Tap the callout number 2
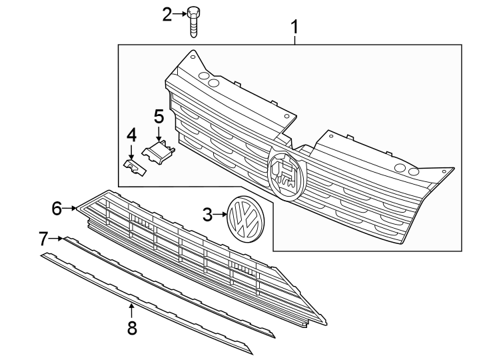pyautogui.click(x=167, y=14)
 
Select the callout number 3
pyautogui.click(x=207, y=215)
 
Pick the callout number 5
pyautogui.click(x=159, y=116)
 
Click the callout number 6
pyautogui.click(x=57, y=209)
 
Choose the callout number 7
pyautogui.click(x=43, y=237)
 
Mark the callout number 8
pyautogui.click(x=132, y=327)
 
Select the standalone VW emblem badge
pyautogui.click(x=244, y=216)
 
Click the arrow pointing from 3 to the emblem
pyautogui.click(x=221, y=215)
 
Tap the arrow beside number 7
pyautogui.click(x=57, y=237)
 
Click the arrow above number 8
pyautogui.click(x=132, y=309)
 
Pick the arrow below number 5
pyautogui.click(x=159, y=133)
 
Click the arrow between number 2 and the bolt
pyautogui.click(x=180, y=14)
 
